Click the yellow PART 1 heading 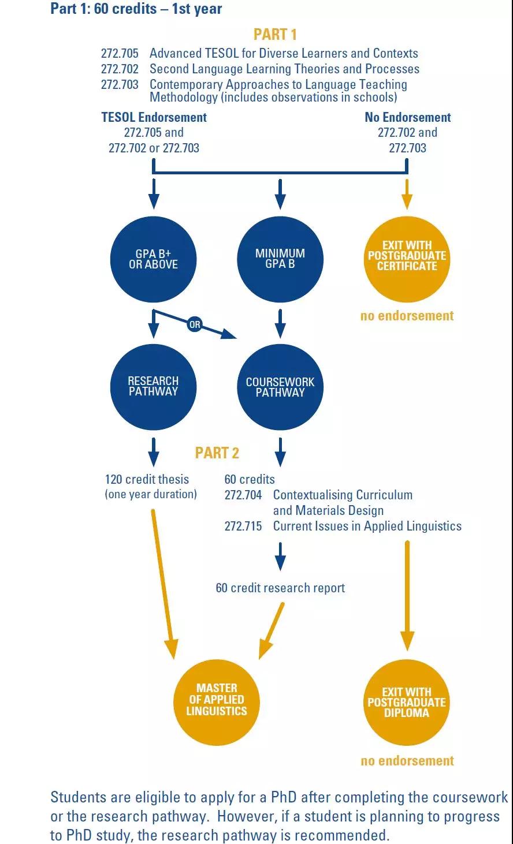click(x=275, y=34)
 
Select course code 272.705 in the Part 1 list click(x=120, y=53)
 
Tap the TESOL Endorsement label click(x=154, y=117)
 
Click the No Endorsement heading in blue click(x=407, y=117)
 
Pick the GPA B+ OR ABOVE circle click(x=154, y=259)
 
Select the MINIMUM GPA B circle click(x=280, y=259)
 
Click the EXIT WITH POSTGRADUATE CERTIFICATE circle click(x=407, y=259)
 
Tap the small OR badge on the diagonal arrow click(x=195, y=324)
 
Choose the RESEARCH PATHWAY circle click(x=154, y=387)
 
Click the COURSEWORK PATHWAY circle click(x=280, y=387)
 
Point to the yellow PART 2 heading click(x=217, y=453)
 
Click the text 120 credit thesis click(x=147, y=479)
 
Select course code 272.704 click(x=243, y=495)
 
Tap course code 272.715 click(x=243, y=526)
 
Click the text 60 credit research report click(x=280, y=588)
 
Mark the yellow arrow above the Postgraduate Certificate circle click(x=407, y=194)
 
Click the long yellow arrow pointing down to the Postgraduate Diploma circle click(x=407, y=596)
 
